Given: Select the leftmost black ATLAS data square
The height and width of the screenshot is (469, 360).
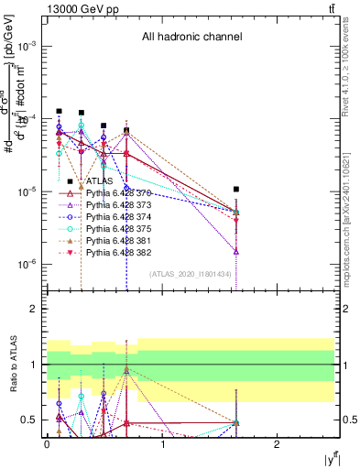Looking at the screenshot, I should coord(59,111).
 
